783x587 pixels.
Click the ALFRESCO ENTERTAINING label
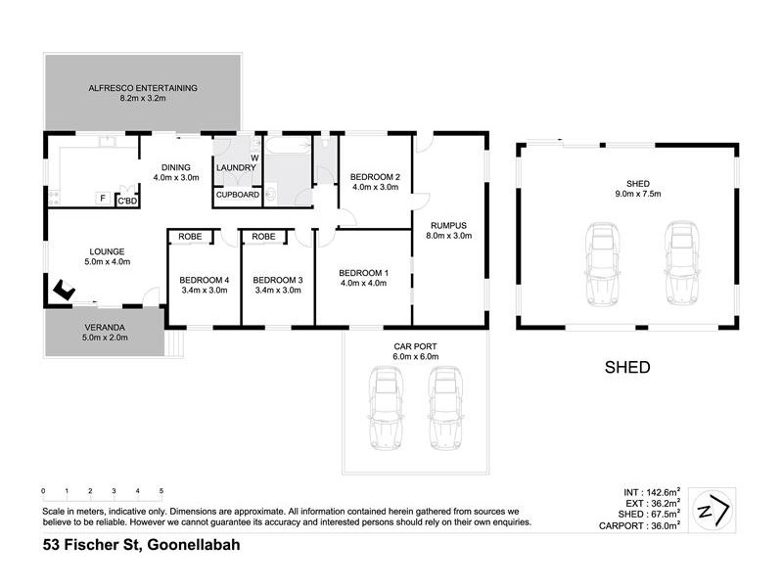143,88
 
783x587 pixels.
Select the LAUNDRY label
236,167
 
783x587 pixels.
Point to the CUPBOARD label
237,195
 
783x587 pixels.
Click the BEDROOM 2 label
375,177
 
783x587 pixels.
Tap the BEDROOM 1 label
363,272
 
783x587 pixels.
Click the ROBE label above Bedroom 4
191,237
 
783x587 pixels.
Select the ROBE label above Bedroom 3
263,237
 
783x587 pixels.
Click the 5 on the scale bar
161,491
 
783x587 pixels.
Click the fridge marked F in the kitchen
102,200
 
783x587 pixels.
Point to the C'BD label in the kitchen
127,201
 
